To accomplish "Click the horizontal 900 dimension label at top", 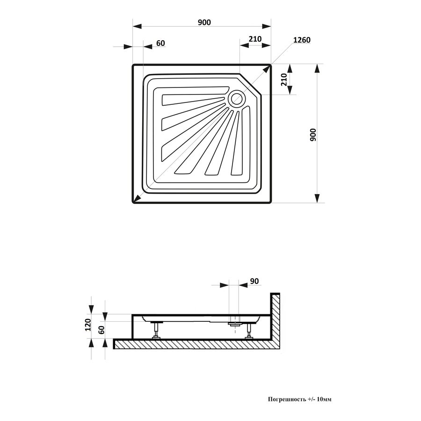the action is pos(204,22).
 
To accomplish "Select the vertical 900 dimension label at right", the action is pos(313,135).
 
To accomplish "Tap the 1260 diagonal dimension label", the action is pos(302,40).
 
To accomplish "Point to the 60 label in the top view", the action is pos(160,43).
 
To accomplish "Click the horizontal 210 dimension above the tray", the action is pos(255,39).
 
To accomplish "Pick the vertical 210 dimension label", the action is pos(284,80).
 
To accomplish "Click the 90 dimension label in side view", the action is pos(254,281).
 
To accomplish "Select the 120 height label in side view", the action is pos(88,325).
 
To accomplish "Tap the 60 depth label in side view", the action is pos(102,329).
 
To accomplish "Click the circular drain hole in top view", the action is pos(237,99).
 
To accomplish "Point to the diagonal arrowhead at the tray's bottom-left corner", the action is pos(138,198).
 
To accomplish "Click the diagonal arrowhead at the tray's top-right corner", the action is pos(266,69).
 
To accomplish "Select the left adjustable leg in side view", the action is pos(156,330).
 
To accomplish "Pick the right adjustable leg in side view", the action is pos(249,331).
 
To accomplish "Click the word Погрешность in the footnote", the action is pos(286,399).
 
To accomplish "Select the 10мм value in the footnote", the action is pos(324,399).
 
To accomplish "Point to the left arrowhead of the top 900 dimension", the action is pos(137,26).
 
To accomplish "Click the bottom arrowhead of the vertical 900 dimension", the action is pos(317,198).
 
